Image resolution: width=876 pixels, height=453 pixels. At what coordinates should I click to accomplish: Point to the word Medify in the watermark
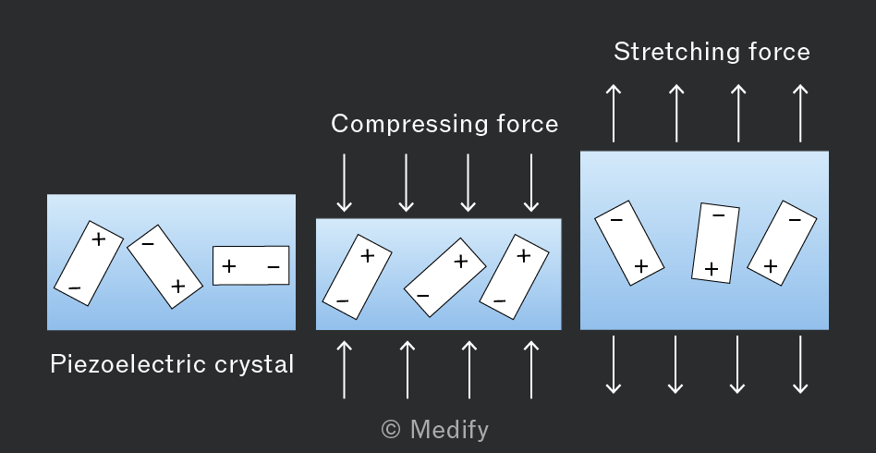tap(449, 430)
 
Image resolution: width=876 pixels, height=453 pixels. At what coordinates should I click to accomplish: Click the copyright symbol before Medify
tap(391, 430)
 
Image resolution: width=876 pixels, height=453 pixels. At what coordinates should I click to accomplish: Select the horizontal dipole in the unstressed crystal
tap(250, 265)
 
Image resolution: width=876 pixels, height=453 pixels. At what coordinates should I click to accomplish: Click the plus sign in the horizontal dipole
tap(228, 266)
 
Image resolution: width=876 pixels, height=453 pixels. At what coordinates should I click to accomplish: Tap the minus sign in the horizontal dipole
tap(274, 267)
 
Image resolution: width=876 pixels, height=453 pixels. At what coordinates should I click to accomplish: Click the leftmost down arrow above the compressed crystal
tap(344, 183)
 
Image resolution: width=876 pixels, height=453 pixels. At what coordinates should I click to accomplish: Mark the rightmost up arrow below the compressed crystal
tap(531, 370)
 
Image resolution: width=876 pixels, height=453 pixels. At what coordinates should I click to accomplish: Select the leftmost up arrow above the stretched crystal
tap(614, 113)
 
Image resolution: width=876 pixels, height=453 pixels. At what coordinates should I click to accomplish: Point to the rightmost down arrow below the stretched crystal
tap(800, 364)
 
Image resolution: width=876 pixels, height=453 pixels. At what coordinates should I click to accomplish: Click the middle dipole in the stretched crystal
tap(715, 243)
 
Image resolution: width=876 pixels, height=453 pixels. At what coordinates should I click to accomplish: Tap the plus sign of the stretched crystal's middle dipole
tap(712, 270)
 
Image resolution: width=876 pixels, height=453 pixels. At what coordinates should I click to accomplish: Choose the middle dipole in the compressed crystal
tap(444, 277)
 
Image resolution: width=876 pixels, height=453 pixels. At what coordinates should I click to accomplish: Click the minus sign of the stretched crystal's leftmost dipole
tap(616, 220)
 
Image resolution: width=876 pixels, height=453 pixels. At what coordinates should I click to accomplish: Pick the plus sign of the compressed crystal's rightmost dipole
tap(524, 255)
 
